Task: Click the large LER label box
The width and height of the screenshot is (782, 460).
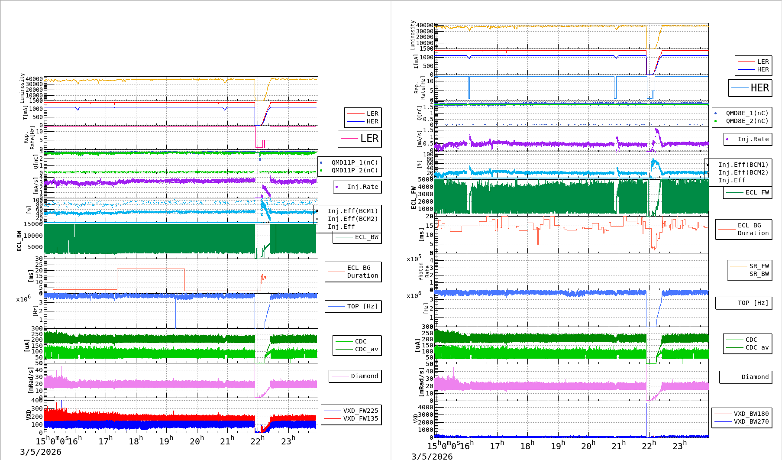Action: [360, 139]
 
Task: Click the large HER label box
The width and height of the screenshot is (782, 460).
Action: [750, 88]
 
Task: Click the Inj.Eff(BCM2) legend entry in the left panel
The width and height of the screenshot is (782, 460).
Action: [352, 219]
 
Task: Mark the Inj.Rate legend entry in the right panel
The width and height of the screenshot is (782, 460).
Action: [753, 139]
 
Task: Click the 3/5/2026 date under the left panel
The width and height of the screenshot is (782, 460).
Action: [41, 452]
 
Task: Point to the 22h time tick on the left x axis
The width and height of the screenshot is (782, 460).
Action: [258, 441]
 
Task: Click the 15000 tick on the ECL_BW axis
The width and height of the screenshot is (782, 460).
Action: [33, 224]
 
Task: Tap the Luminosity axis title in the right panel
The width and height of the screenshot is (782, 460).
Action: [413, 35]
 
